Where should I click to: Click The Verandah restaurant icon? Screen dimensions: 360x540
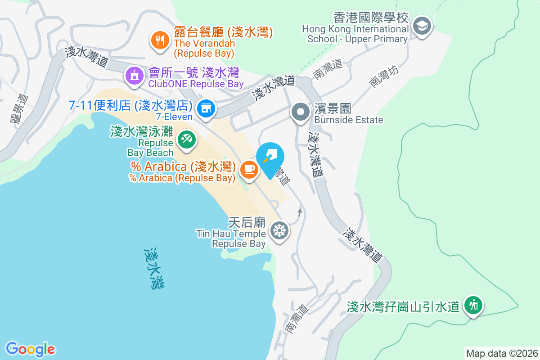tap(159, 40)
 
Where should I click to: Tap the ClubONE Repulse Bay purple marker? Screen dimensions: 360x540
tap(134, 75)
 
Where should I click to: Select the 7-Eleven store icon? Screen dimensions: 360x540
tap(206, 108)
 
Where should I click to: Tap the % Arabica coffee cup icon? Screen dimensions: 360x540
tap(249, 169)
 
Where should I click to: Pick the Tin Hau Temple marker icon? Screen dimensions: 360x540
tap(279, 231)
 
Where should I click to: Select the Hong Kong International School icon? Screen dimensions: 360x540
tap(422, 26)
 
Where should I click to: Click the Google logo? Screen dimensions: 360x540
tap(30, 349)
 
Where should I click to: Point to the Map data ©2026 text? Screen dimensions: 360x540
tap(501, 353)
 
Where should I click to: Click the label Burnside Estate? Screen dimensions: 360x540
tap(349, 120)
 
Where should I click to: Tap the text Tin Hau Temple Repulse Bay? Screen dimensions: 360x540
tap(238, 238)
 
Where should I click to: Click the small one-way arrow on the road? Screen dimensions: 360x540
tap(300, 211)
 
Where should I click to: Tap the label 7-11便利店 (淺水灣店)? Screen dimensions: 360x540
tap(130, 106)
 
